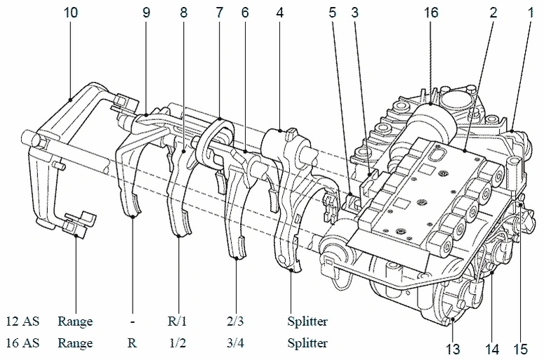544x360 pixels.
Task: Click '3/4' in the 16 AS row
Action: [x=236, y=343]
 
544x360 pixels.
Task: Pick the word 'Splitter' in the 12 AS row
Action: [x=307, y=321]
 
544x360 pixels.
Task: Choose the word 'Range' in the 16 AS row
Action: [x=75, y=343]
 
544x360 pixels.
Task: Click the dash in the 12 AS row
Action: [x=132, y=321]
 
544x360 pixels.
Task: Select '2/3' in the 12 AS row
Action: [x=236, y=321]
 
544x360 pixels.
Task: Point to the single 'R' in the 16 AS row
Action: [x=132, y=343]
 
